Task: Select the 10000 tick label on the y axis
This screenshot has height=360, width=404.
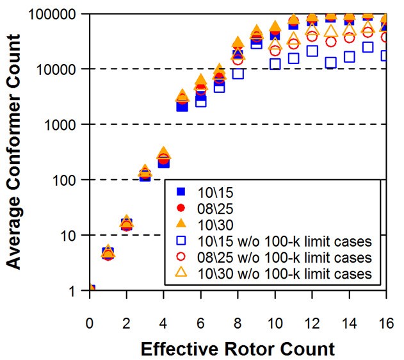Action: pyautogui.click(x=60, y=69)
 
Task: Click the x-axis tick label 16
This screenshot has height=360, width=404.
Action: pyautogui.click(x=386, y=320)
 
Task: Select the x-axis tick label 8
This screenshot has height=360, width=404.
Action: pyautogui.click(x=238, y=320)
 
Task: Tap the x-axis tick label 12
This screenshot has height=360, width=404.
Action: pyautogui.click(x=312, y=320)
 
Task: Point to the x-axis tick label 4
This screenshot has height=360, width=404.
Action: pyautogui.click(x=163, y=320)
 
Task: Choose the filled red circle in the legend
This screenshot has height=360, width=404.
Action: pyautogui.click(x=181, y=208)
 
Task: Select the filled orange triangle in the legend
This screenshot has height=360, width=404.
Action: pyautogui.click(x=181, y=224)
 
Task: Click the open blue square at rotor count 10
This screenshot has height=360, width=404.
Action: pyautogui.click(x=275, y=63)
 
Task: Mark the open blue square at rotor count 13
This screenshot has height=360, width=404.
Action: pyautogui.click(x=330, y=63)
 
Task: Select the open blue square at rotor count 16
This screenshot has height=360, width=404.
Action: pyautogui.click(x=386, y=56)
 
